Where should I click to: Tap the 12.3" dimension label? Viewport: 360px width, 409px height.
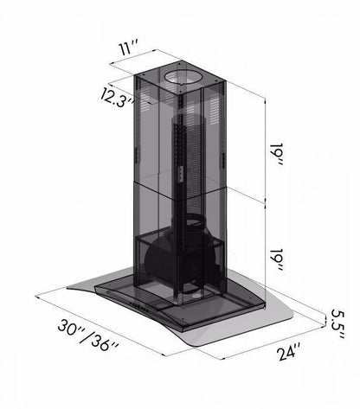click(x=117, y=98)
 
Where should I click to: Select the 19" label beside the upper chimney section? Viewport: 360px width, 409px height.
click(x=278, y=154)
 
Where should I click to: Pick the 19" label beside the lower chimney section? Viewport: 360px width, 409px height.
click(x=278, y=259)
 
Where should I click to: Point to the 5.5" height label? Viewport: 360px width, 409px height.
click(x=337, y=323)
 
